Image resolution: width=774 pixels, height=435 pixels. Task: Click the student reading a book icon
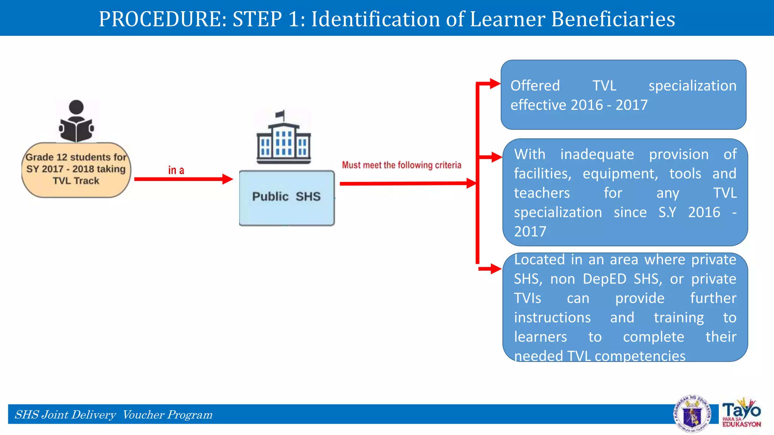(x=76, y=121)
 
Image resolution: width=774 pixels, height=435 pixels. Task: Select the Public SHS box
(x=287, y=198)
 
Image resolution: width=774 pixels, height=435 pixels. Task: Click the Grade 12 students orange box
(x=76, y=170)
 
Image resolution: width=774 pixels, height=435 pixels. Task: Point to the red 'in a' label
(x=176, y=170)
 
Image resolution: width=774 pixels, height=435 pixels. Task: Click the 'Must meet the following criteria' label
(x=401, y=165)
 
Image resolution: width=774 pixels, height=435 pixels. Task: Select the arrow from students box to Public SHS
(x=184, y=179)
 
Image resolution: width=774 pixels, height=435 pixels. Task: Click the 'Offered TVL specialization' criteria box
(x=623, y=95)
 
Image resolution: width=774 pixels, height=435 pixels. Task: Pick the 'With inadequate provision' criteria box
(x=625, y=192)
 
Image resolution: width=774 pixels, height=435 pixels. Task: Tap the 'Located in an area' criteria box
(x=625, y=307)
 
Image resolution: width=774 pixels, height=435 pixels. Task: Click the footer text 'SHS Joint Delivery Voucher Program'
(x=113, y=415)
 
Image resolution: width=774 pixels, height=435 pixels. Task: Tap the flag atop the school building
(x=280, y=114)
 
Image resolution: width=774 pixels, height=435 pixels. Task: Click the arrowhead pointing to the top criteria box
(x=495, y=83)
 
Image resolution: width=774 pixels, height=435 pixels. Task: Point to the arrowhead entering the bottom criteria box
(x=496, y=269)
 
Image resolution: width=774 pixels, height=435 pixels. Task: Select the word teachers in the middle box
(x=542, y=193)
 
